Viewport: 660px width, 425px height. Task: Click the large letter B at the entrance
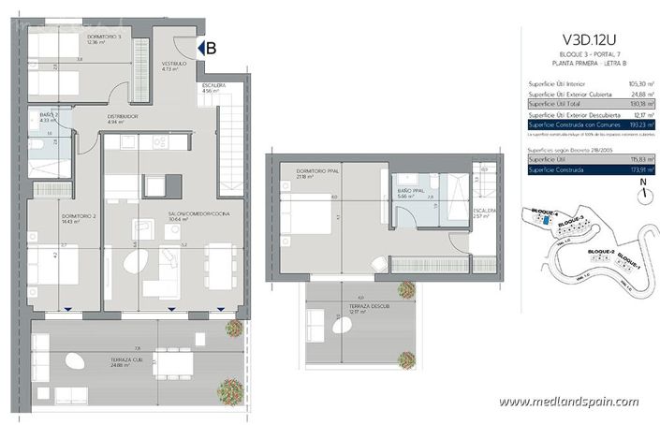tap(212, 47)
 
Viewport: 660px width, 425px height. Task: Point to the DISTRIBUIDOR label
tap(122, 117)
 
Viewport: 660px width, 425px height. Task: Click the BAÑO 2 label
tap(49, 116)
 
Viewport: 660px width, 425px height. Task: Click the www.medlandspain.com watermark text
tap(568, 403)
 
